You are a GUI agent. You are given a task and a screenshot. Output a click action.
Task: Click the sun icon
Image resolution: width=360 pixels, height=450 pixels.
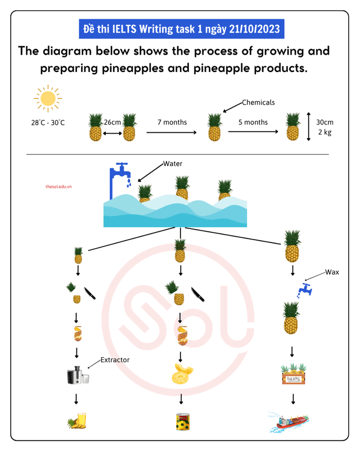tap(48, 99)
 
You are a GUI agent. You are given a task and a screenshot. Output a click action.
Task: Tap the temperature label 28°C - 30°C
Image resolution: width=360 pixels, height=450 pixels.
tap(48, 123)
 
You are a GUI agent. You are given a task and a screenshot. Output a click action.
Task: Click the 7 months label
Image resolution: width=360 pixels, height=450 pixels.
tap(172, 122)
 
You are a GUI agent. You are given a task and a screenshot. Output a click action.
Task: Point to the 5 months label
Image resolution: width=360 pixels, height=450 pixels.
tap(253, 122)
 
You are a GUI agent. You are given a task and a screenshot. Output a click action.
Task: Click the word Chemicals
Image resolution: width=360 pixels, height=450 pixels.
tap(258, 102)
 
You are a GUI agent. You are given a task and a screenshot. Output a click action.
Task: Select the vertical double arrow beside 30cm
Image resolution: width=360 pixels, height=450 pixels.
tap(309, 127)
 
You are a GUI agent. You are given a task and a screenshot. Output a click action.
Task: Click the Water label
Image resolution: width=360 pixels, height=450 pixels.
tap(173, 164)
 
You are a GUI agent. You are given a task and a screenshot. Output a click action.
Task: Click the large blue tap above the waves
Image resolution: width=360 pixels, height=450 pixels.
tap(120, 175)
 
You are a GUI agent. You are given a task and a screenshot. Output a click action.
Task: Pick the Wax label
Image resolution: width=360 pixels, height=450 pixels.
tap(332, 272)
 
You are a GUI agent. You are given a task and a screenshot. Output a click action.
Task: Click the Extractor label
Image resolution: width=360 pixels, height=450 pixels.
tap(115, 359)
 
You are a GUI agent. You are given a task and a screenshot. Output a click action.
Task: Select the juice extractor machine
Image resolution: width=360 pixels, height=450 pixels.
tap(78, 375)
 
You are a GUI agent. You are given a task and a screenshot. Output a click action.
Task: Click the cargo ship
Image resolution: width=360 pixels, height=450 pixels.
tap(290, 421)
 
